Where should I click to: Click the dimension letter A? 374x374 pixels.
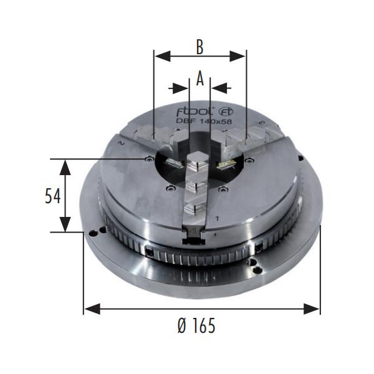200,79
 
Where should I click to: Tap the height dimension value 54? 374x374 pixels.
53,196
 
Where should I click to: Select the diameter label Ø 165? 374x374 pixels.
196,325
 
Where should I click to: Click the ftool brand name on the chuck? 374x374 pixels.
193,112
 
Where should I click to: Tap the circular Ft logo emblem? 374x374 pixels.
226,112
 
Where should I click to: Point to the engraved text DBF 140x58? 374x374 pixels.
204,122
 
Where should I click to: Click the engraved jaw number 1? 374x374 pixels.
217,218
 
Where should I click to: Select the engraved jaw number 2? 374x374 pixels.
122,143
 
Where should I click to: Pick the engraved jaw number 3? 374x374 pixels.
262,123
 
